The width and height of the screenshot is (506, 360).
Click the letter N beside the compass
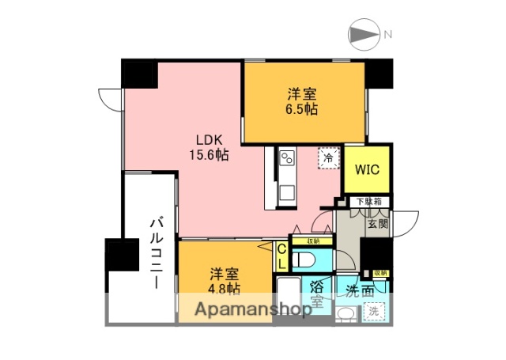point(387,35)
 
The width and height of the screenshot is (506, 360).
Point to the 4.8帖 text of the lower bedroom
point(224,288)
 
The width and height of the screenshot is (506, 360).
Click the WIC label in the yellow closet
point(367,169)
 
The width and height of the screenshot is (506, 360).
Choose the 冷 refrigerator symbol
point(327,157)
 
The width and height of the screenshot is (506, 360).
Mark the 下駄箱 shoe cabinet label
point(367,202)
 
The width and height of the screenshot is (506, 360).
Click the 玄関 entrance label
point(376,225)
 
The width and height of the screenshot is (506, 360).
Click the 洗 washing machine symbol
point(372,312)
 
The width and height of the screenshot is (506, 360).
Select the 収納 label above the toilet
point(312,241)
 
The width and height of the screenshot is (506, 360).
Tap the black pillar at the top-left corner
point(139,76)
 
